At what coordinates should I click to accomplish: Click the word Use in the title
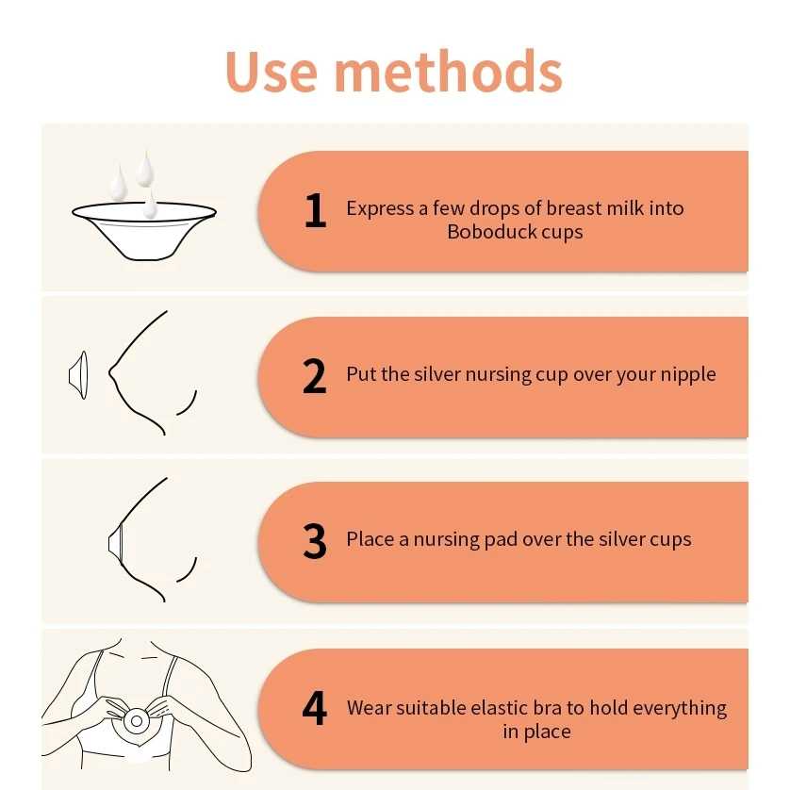tap(272, 72)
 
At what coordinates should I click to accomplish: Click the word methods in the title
tap(449, 71)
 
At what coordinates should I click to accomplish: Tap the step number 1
tap(316, 210)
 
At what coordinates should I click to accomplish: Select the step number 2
tap(314, 376)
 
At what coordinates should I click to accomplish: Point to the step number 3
tap(314, 541)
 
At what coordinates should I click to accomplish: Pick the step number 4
tap(314, 708)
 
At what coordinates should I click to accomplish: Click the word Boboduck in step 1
tap(484, 232)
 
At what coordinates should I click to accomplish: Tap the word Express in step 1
tap(380, 209)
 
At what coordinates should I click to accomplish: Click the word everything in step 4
tap(680, 709)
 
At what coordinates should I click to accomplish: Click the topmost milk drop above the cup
tap(145, 169)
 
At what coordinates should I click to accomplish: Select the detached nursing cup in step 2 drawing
tap(78, 375)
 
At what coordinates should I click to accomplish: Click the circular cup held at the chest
tap(136, 721)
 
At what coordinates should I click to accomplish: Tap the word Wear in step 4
tap(369, 708)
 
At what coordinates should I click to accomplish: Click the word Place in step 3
tap(370, 539)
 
